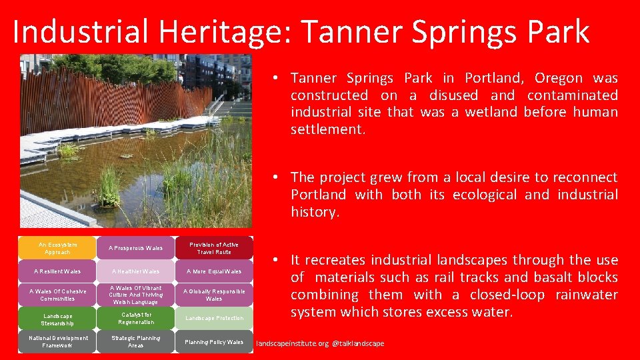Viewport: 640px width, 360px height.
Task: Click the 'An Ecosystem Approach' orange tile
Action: (x=57, y=248)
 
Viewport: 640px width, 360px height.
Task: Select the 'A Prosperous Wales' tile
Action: (x=135, y=248)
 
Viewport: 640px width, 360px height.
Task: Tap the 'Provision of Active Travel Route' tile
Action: (x=214, y=248)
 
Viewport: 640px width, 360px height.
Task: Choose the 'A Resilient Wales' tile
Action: (x=57, y=271)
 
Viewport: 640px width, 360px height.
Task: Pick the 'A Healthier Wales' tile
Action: (x=135, y=271)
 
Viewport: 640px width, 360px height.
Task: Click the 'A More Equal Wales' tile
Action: (x=214, y=271)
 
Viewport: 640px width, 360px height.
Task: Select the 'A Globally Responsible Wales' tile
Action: (x=214, y=295)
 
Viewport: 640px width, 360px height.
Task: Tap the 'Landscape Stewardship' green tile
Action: (x=57, y=319)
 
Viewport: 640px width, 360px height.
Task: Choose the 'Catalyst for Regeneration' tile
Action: (x=135, y=319)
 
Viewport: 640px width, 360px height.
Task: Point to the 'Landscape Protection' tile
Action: (x=214, y=319)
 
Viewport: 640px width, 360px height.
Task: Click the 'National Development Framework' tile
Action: (x=57, y=341)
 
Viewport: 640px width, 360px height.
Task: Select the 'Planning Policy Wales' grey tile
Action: (x=214, y=341)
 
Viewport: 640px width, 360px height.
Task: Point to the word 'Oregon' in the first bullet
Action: (x=559, y=79)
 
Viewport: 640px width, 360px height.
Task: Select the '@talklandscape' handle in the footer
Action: (x=358, y=344)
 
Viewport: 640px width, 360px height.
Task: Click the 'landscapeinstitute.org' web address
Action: (x=292, y=344)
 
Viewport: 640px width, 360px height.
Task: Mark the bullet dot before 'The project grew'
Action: (x=276, y=177)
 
